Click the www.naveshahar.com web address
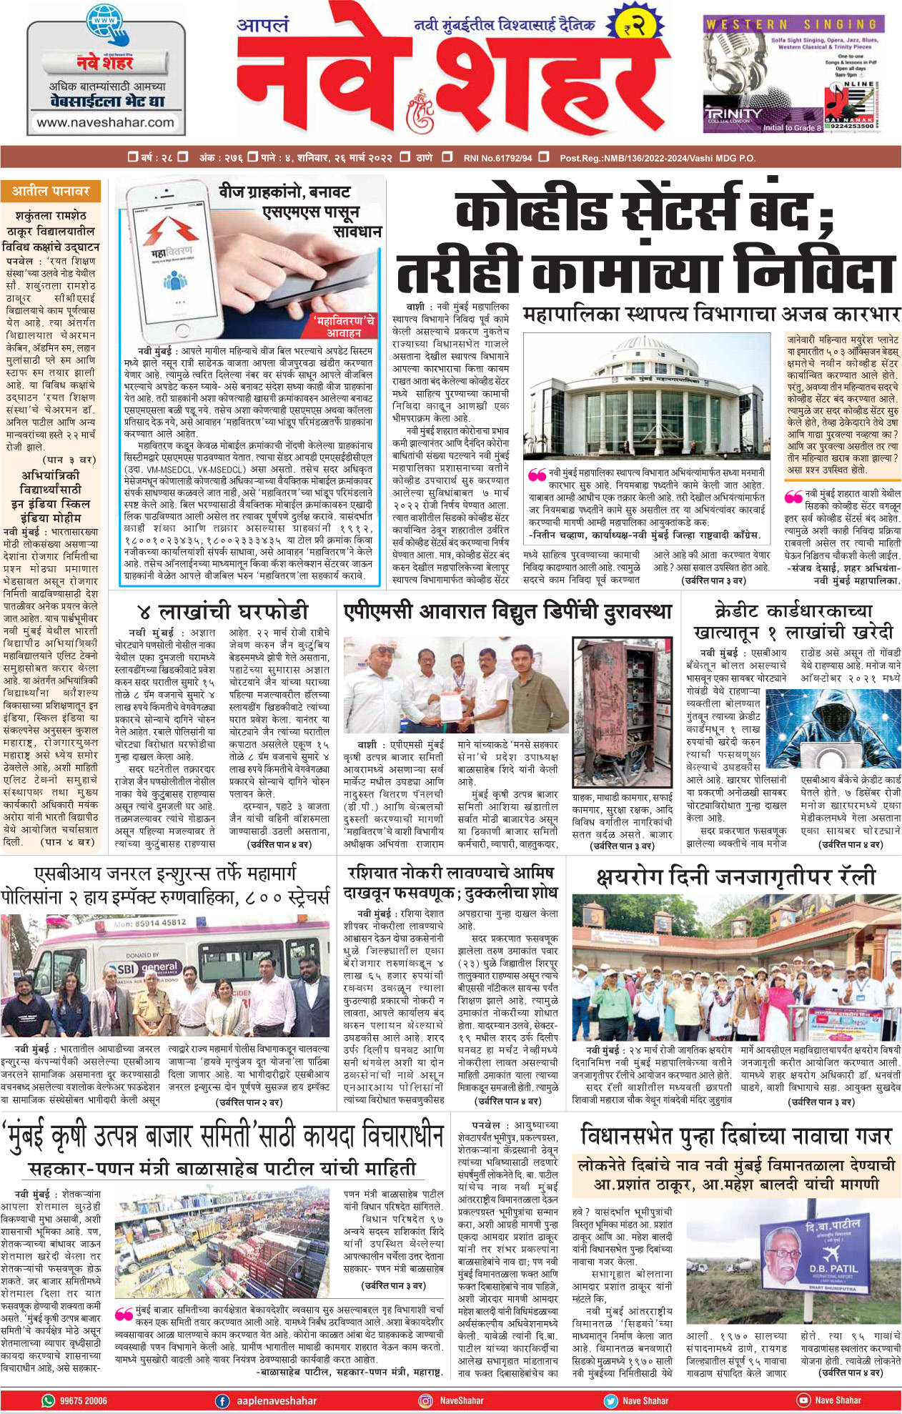pyautogui.click(x=105, y=122)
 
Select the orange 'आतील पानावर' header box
pyautogui.click(x=51, y=192)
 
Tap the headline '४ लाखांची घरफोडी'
pyautogui.click(x=223, y=611)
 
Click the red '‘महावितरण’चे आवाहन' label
pyautogui.click(x=345, y=327)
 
